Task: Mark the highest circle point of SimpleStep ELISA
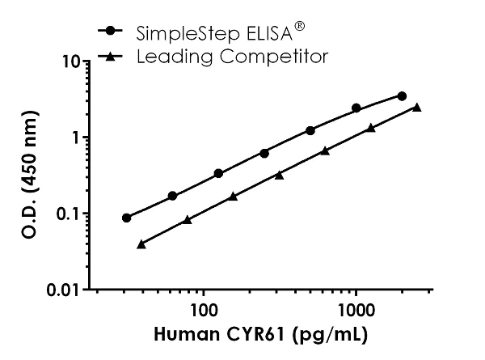pyautogui.click(x=402, y=95)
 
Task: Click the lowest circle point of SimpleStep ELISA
pyautogui.click(x=127, y=218)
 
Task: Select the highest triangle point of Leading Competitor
pyautogui.click(x=417, y=107)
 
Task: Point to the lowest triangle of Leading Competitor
pyautogui.click(x=141, y=244)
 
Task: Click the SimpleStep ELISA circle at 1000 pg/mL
pyautogui.click(x=356, y=108)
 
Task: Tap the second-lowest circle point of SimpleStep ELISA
pyautogui.click(x=172, y=196)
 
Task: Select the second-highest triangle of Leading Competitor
pyautogui.click(x=371, y=128)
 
